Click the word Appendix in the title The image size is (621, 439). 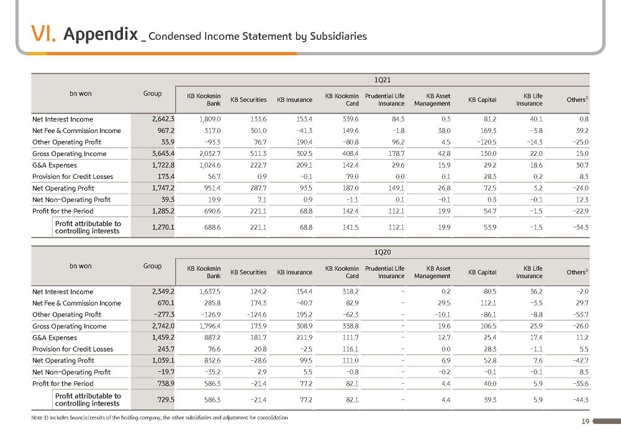point(101,34)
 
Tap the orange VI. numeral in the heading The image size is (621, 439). point(43,34)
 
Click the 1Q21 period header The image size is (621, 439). point(382,80)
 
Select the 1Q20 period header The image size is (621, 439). point(382,252)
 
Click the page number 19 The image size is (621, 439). point(586,422)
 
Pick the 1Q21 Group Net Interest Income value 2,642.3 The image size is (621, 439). point(163,119)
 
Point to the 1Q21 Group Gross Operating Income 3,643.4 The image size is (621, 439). point(163,153)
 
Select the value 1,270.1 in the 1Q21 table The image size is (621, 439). point(163,227)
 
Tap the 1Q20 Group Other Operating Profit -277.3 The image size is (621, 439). point(164,314)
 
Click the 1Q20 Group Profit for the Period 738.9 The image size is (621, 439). point(166,384)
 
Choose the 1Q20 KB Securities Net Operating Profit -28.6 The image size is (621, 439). point(258,361)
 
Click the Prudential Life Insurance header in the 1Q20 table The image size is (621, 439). point(385,273)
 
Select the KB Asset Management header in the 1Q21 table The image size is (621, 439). point(432,100)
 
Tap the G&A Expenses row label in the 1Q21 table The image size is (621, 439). point(55,165)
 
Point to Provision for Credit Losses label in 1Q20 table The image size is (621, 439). point(73,349)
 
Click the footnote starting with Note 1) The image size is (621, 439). point(160,418)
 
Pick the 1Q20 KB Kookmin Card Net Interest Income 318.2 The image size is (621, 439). point(350,291)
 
